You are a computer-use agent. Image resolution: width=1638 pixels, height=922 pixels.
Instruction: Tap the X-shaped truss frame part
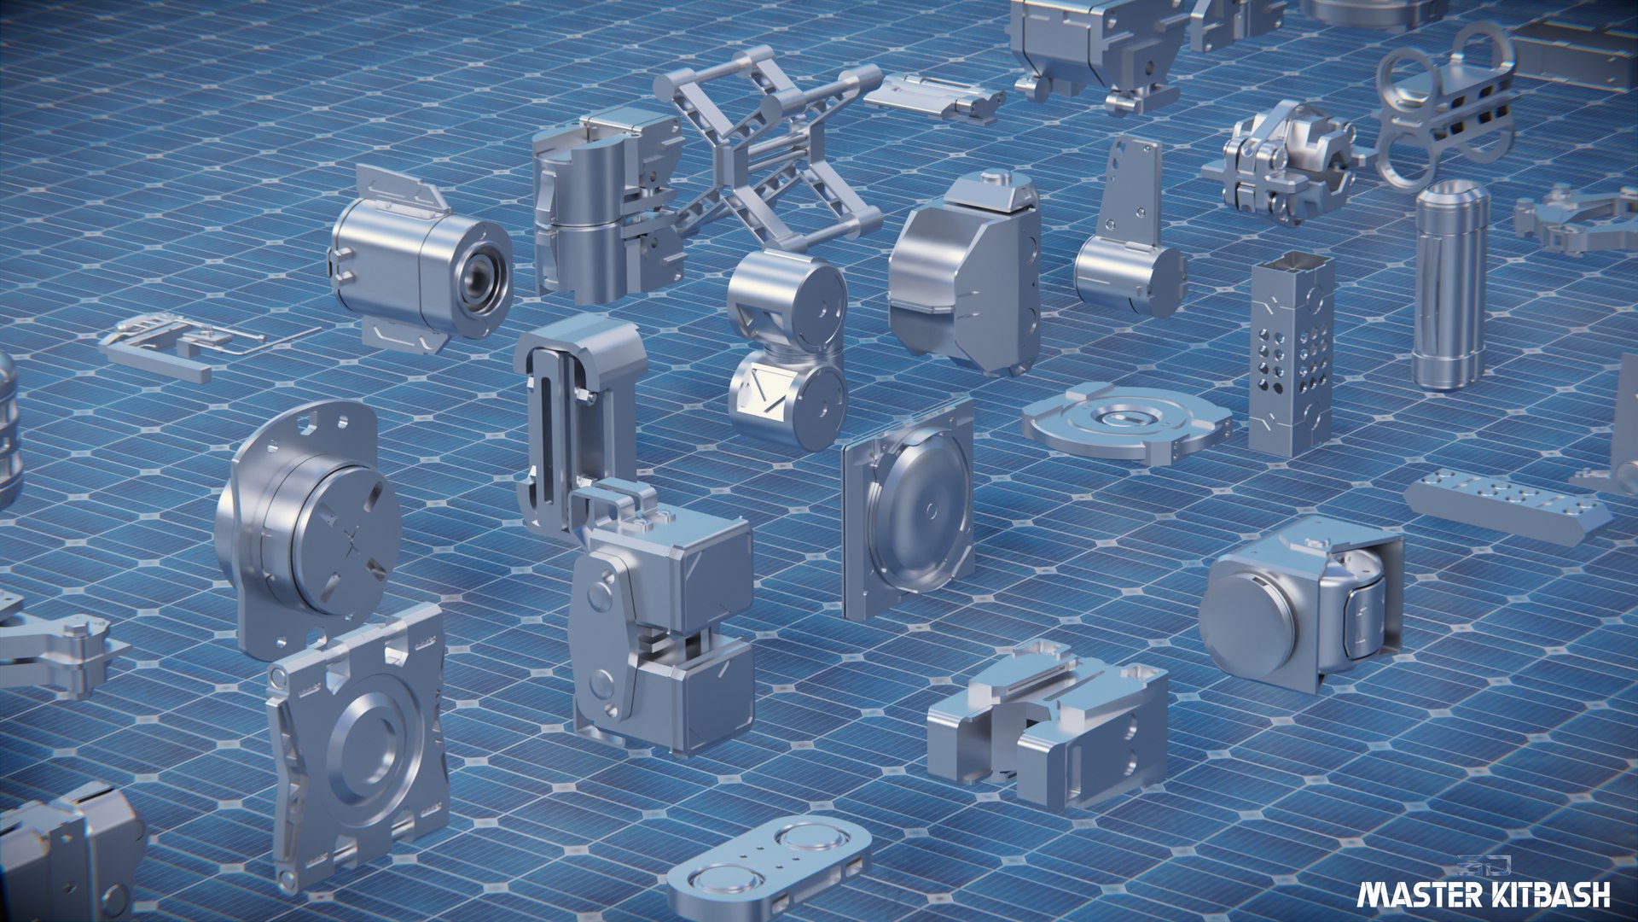pos(768,149)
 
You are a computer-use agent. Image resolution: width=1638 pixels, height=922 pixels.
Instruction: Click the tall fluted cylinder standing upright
pos(1449,286)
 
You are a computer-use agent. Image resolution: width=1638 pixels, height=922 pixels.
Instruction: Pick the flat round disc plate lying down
pos(1126,422)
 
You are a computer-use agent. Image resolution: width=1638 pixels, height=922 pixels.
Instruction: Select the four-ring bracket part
pos(1442,107)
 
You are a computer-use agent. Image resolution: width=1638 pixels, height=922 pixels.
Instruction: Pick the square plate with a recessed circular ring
pos(363,743)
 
